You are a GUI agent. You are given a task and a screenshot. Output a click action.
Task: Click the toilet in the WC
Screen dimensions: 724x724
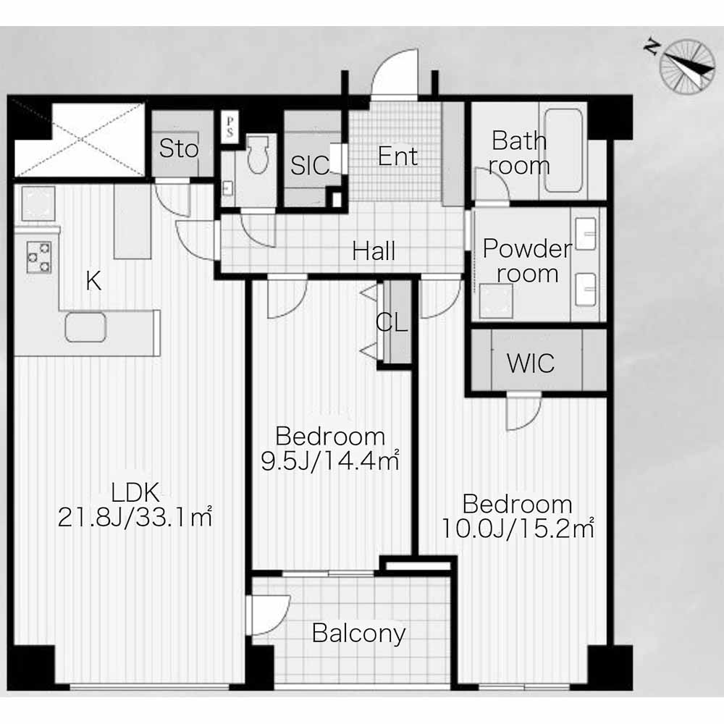pos(258,154)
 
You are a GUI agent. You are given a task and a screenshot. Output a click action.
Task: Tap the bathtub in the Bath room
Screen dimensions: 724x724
pos(563,150)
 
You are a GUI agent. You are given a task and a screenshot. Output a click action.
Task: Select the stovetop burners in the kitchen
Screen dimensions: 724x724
pos(39,257)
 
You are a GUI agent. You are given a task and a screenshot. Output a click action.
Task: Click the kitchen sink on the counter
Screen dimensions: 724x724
pos(85,327)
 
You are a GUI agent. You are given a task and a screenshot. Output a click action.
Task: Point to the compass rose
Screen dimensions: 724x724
pos(686,66)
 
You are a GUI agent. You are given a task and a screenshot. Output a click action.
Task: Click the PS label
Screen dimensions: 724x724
pos(230,127)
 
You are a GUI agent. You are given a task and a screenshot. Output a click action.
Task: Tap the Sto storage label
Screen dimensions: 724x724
pos(179,148)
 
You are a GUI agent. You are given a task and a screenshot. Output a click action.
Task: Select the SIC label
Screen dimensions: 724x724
pos(311,165)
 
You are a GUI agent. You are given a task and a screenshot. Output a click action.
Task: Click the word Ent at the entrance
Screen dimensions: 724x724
pos(397,156)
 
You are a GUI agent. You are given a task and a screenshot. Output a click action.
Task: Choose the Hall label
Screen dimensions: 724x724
pos(374,251)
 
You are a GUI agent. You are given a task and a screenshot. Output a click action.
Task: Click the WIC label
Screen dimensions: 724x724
pos(531,363)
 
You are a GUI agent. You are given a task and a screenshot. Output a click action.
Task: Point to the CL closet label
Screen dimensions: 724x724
pos(392,322)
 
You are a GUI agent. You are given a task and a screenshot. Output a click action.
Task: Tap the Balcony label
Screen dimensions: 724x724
pos(359,633)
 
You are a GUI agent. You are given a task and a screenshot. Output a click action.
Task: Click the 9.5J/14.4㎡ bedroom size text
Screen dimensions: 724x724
pos(330,460)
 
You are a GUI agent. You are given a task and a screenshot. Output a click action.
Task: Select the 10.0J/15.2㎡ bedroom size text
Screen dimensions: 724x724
pos(518,529)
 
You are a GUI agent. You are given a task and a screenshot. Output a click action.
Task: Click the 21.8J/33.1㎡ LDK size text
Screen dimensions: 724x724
pos(135,517)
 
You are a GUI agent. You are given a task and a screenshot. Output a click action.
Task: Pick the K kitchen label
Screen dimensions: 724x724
pos(93,280)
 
